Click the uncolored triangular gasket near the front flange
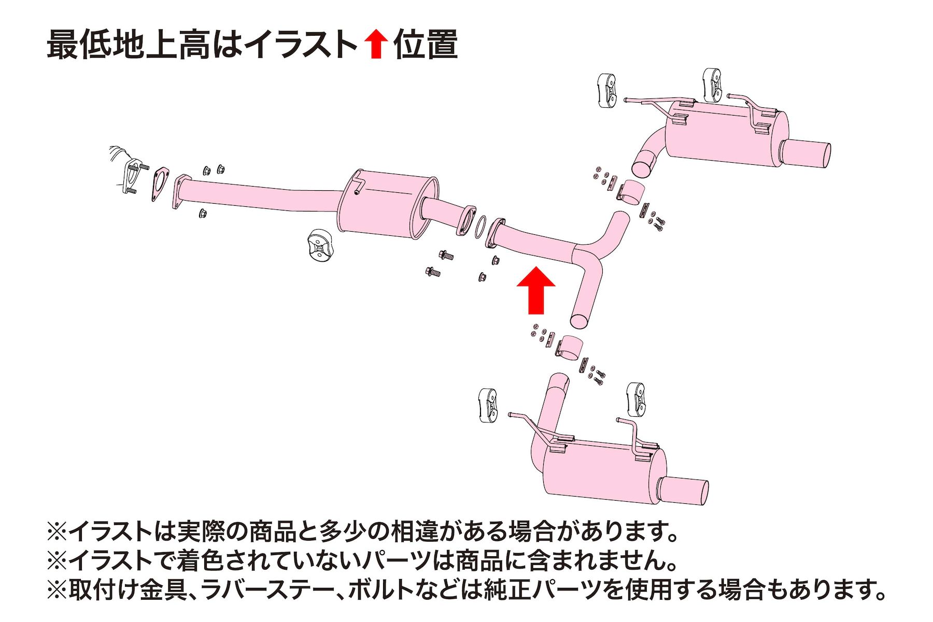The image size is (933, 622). coord(161,184)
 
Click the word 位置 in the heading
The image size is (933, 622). coord(425,45)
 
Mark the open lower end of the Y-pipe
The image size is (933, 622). coord(581,320)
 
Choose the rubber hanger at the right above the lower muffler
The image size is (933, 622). coord(637,399)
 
